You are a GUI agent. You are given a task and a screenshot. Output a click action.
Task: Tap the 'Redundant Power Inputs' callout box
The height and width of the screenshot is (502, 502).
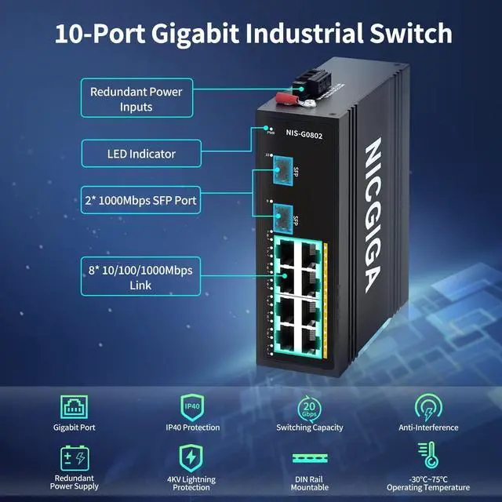136,99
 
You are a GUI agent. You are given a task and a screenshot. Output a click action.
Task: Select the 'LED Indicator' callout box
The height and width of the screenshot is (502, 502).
141,154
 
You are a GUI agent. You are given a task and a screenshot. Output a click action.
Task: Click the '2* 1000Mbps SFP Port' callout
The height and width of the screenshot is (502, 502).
141,201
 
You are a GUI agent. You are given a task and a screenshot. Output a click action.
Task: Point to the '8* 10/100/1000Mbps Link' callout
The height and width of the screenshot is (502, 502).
141,278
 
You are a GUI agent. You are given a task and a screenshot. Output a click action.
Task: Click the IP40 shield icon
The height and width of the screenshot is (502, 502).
193,406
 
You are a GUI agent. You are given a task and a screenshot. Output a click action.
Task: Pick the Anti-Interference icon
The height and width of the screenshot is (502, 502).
427,407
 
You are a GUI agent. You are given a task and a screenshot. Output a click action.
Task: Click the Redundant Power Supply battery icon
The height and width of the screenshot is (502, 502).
75,457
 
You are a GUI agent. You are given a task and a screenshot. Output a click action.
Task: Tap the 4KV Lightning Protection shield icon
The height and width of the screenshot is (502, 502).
191,457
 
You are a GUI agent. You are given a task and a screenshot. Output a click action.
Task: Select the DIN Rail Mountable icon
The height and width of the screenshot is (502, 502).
309,457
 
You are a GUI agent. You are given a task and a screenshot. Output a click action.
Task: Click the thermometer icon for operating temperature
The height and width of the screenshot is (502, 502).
427,455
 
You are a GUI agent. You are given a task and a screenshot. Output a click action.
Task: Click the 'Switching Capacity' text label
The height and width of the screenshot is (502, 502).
309,427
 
